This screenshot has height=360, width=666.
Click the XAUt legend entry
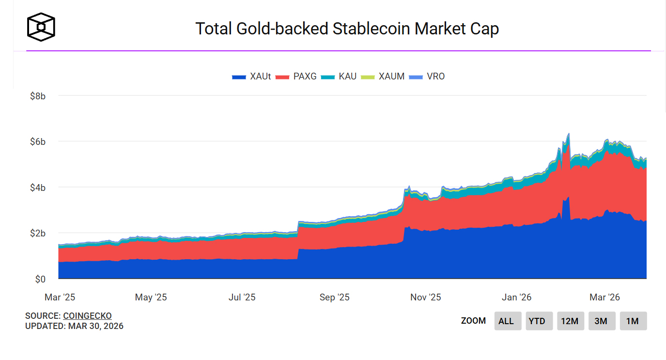point(252,77)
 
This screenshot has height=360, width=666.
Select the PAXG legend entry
point(296,77)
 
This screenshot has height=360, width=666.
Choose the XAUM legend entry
point(385,77)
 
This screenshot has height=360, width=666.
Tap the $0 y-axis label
point(40,279)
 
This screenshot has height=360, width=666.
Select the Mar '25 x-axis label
point(60,297)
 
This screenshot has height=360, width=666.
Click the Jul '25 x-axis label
point(242,297)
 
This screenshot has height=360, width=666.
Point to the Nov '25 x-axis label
point(425,297)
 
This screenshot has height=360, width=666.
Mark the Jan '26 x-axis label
point(516,297)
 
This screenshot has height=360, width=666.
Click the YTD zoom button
point(537,321)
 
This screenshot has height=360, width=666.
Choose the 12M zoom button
point(569,321)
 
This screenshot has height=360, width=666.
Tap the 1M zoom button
point(632,321)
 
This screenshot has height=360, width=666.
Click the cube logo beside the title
point(41,27)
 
